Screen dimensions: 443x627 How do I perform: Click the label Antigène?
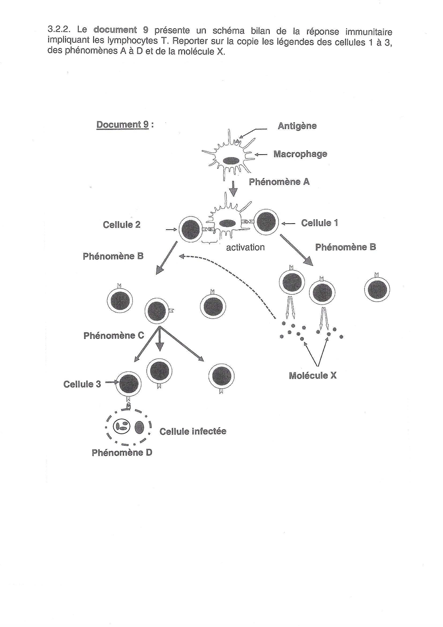[x=297, y=126]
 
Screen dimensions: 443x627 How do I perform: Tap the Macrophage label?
[x=300, y=154]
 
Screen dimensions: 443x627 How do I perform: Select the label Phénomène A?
[x=279, y=182]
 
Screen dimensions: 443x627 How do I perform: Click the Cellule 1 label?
[x=320, y=223]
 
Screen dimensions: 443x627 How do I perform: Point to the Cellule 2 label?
[x=122, y=224]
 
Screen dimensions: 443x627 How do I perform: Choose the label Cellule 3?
[x=82, y=384]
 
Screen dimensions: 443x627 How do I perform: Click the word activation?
[x=246, y=247]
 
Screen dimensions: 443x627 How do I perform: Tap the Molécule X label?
[x=313, y=375]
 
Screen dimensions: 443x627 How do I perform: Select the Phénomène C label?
[x=114, y=335]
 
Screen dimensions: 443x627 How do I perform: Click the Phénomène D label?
[x=122, y=452]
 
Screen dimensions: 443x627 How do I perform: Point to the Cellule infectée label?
[x=193, y=431]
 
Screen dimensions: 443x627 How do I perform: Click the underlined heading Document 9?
[x=122, y=124]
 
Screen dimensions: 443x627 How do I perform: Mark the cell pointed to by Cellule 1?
[x=266, y=222]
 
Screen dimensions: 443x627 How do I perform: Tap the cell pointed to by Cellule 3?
[x=129, y=384]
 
